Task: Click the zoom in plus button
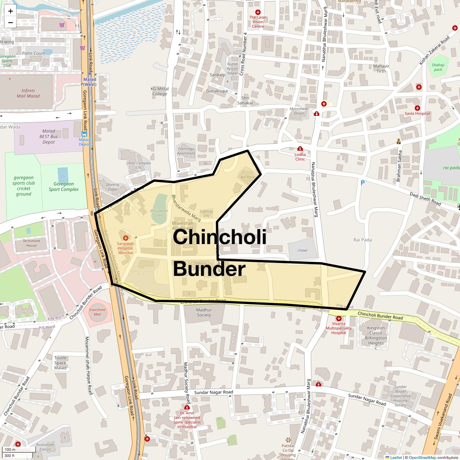(x=10, y=11)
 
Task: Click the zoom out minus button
(x=10, y=23)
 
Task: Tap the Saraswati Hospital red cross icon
(x=125, y=238)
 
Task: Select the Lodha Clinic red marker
(x=300, y=149)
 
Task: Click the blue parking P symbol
(x=362, y=183)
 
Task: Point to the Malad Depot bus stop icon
(x=84, y=134)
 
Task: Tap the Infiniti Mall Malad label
(x=28, y=94)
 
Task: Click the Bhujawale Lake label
(x=159, y=213)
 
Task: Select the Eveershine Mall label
(x=97, y=312)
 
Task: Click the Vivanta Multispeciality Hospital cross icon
(x=338, y=319)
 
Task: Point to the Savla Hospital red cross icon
(x=417, y=108)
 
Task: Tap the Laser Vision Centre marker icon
(x=258, y=13)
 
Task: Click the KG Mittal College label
(x=159, y=91)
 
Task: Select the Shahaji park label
(x=438, y=67)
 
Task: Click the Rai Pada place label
(x=362, y=240)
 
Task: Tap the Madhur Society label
(x=204, y=312)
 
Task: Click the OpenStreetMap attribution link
(x=422, y=457)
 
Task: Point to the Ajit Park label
(x=248, y=177)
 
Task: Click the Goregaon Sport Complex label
(x=64, y=187)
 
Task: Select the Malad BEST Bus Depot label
(x=49, y=136)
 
